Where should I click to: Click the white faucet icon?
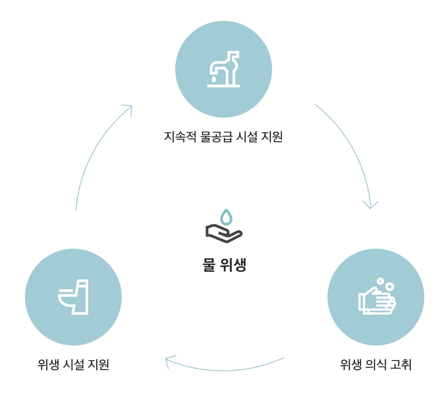pyautogui.click(x=224, y=69)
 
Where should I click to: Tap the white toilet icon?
pyautogui.click(x=74, y=297)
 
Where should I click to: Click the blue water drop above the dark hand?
pyautogui.click(x=225, y=217)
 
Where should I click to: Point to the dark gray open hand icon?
pyautogui.click(x=223, y=233)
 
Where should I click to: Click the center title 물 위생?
pyautogui.click(x=224, y=265)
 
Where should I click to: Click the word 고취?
pyautogui.click(x=401, y=365)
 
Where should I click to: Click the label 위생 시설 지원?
pyautogui.click(x=73, y=365)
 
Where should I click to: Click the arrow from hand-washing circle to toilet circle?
pyautogui.click(x=225, y=369)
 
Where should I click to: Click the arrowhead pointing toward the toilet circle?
pyautogui.click(x=169, y=361)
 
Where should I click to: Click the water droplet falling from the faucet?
pyautogui.click(x=213, y=78)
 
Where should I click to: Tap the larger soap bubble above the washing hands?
pyautogui.click(x=389, y=286)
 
